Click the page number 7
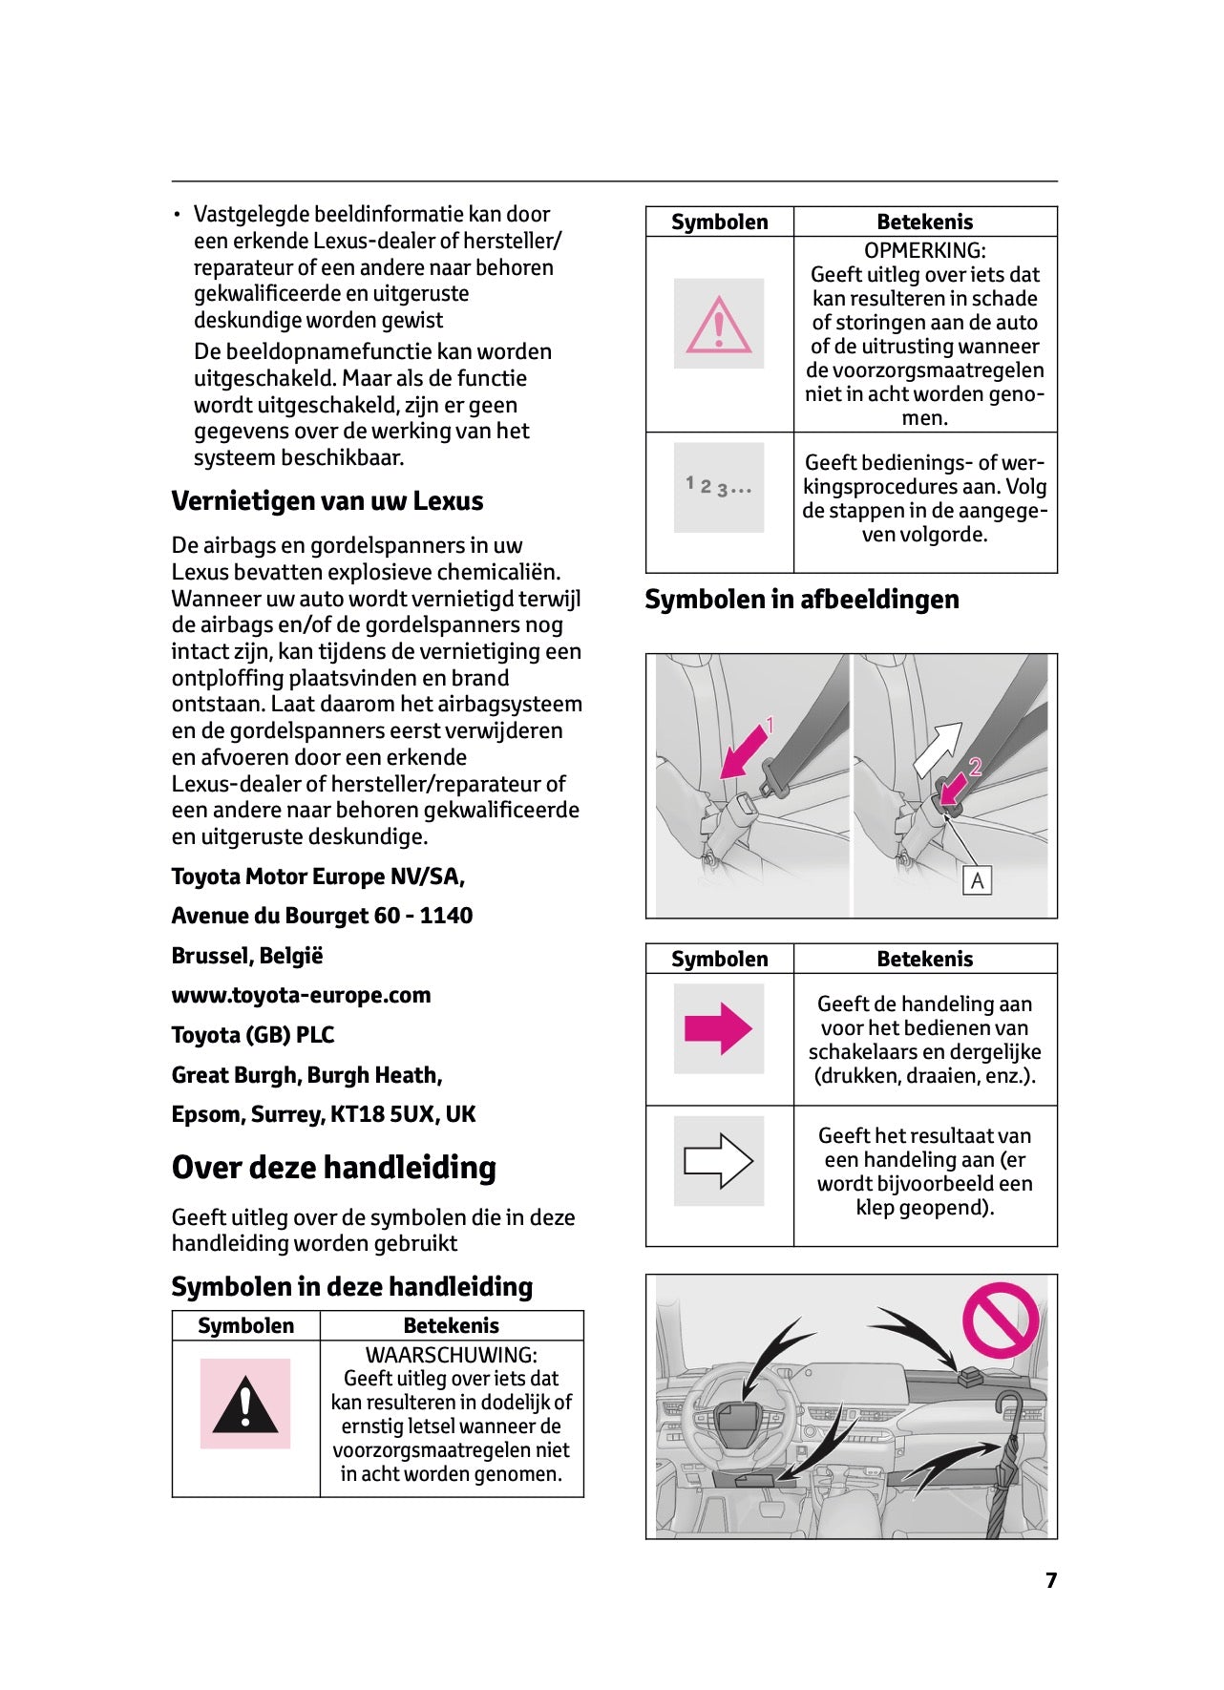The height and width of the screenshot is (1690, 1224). pos(1051,1580)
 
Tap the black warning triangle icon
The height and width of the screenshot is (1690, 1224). pos(245,1405)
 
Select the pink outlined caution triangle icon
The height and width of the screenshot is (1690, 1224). pos(719,325)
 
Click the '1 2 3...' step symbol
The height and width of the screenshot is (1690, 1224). pos(718,487)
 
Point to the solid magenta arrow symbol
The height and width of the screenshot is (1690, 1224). pos(718,1029)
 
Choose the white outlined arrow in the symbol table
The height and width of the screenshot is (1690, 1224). pos(718,1161)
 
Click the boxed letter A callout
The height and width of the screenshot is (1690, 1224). pos(977,880)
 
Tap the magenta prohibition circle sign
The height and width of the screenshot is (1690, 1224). pos(1000,1320)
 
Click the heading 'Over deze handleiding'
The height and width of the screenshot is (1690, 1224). pos(333,1168)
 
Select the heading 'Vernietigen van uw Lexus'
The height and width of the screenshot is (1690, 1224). pos(327,501)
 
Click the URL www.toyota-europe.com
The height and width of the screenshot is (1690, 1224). pos(301,995)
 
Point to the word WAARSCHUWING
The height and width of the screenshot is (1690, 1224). pos(451,1355)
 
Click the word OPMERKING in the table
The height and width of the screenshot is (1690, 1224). pos(924,250)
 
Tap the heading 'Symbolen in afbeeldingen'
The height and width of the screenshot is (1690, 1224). pos(802,600)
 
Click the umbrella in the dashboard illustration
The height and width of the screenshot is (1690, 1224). pos(1004,1461)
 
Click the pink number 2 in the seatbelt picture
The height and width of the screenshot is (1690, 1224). pos(975,766)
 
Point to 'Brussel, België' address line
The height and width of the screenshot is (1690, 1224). pos(247,956)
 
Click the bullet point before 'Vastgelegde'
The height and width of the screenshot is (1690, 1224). pos(177,215)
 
